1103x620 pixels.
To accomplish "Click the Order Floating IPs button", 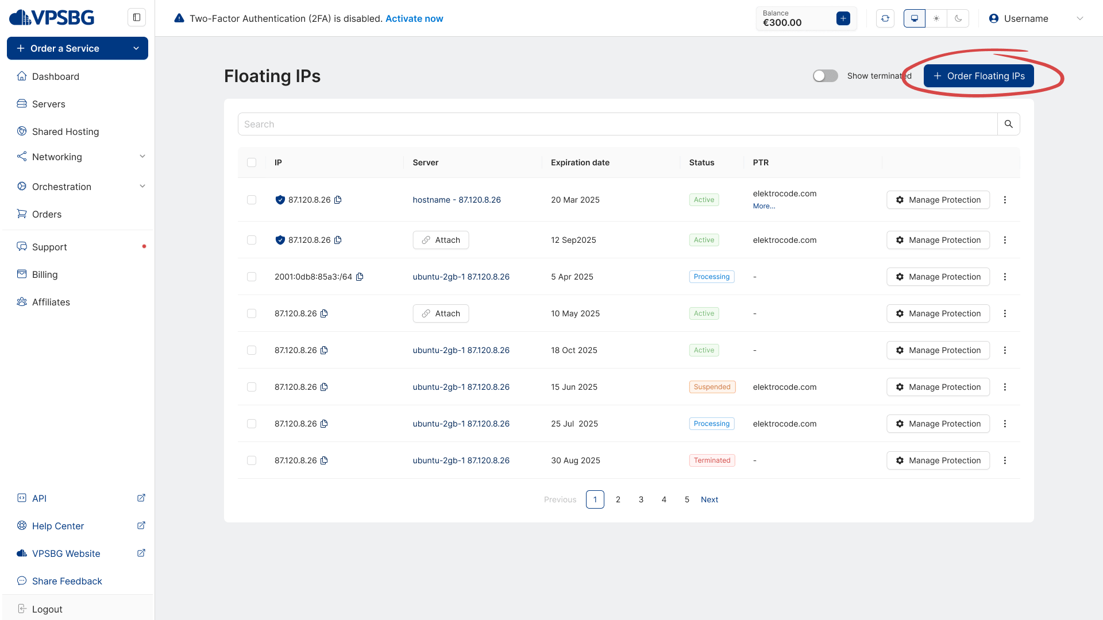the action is (978, 76).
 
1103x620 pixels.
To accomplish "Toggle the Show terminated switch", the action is (825, 76).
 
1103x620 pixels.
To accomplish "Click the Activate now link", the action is (414, 18).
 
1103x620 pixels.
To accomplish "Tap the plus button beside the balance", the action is (843, 18).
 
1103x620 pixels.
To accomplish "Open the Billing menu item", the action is (45, 274).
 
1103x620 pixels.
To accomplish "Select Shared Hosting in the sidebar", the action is (65, 131).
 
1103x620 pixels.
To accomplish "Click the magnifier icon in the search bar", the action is (1008, 124).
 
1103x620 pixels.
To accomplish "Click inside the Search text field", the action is (618, 124).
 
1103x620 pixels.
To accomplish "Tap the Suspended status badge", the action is (712, 387).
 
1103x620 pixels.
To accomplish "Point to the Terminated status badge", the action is (712, 460).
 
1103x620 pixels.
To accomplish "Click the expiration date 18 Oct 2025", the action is (574, 350).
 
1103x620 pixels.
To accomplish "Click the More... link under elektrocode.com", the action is (763, 206).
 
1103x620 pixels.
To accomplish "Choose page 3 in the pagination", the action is (641, 499).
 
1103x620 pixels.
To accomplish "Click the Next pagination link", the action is (709, 499).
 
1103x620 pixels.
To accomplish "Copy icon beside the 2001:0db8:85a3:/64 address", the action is (360, 277).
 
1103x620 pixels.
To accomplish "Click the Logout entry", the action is (47, 609).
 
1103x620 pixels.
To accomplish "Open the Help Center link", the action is (58, 526).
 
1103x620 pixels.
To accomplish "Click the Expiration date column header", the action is (580, 162).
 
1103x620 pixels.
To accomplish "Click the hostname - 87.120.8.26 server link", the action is (457, 200).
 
